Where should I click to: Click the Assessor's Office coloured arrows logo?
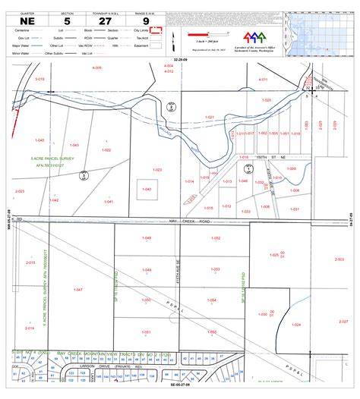[x=254, y=37]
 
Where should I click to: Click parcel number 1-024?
[x=297, y=325]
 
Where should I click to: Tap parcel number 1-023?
[x=157, y=169]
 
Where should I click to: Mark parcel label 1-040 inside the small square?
[x=147, y=189]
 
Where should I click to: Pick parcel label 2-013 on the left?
[x=30, y=262]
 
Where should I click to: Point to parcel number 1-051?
[x=147, y=331]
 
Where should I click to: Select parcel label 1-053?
[x=215, y=269]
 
